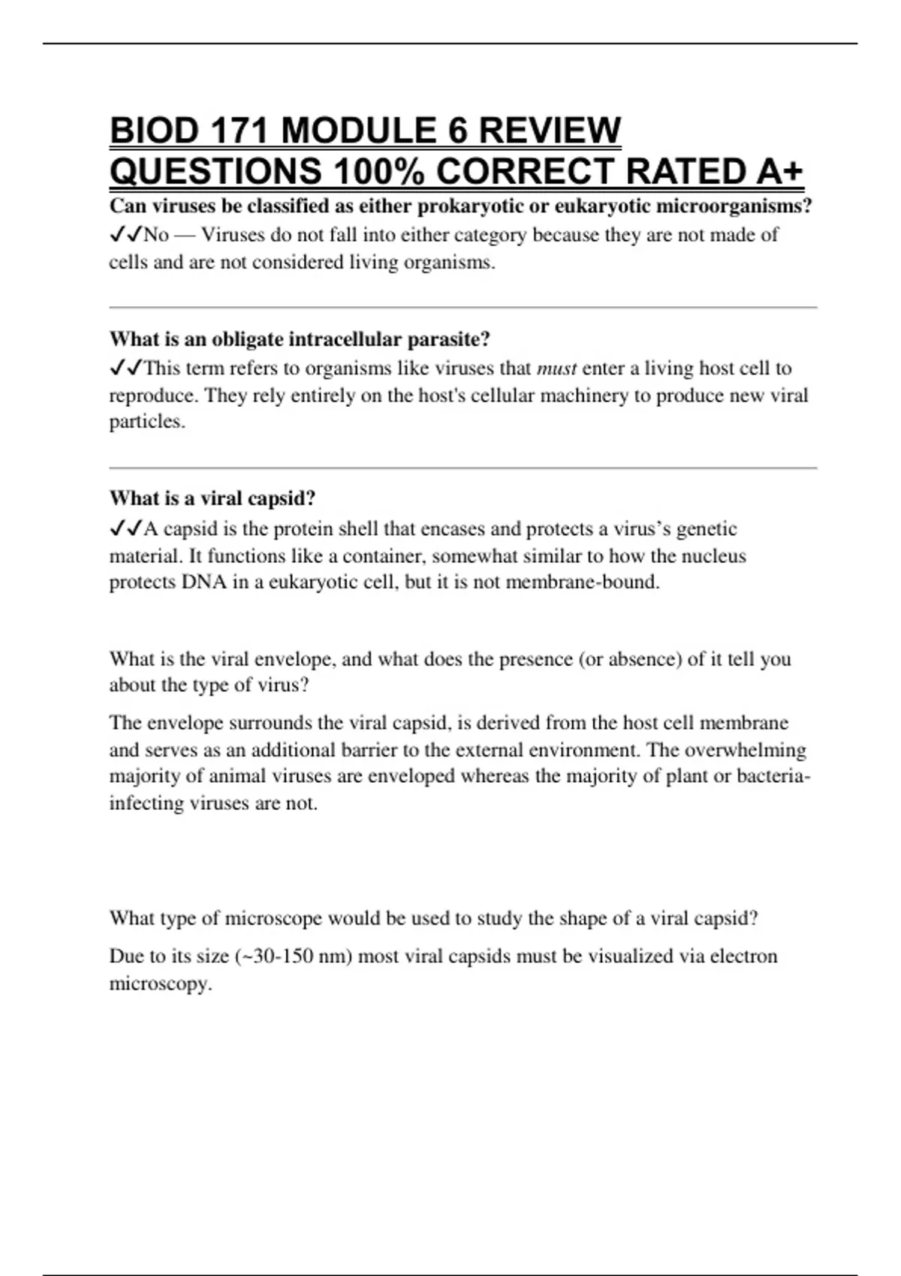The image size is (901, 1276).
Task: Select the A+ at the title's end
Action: point(779,172)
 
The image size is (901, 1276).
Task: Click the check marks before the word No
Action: point(125,235)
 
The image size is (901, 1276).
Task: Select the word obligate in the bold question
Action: point(247,339)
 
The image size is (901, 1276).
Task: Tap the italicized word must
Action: point(556,369)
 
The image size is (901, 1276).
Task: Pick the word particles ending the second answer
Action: point(146,422)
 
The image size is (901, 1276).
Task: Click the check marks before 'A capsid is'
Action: point(125,529)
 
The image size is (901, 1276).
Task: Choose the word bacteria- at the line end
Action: point(773,776)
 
